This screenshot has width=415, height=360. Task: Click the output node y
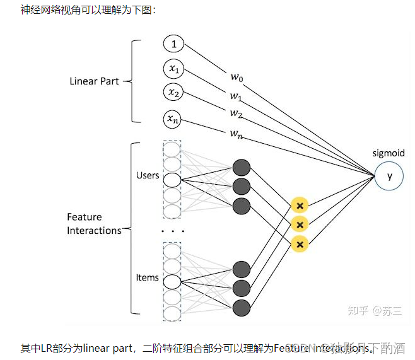[x=389, y=176]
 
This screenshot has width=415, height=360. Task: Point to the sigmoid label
[x=389, y=153]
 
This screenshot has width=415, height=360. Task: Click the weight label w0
[x=236, y=78]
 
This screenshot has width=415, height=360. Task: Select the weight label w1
[x=236, y=96]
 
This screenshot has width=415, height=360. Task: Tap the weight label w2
[x=236, y=113]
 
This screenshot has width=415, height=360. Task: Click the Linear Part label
[x=94, y=81]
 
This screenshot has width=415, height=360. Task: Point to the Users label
[x=148, y=175]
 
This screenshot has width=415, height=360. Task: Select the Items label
[x=147, y=277]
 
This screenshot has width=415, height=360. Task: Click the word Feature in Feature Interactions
[x=85, y=217]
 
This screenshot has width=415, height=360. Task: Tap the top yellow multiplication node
[x=300, y=206]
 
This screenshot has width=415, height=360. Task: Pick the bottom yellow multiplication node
[x=300, y=244]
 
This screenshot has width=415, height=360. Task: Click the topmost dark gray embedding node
[x=242, y=168]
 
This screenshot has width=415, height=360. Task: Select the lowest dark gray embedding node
[x=242, y=308]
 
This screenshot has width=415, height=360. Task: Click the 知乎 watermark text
[x=359, y=310]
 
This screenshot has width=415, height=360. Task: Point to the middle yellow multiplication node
[x=300, y=224]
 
